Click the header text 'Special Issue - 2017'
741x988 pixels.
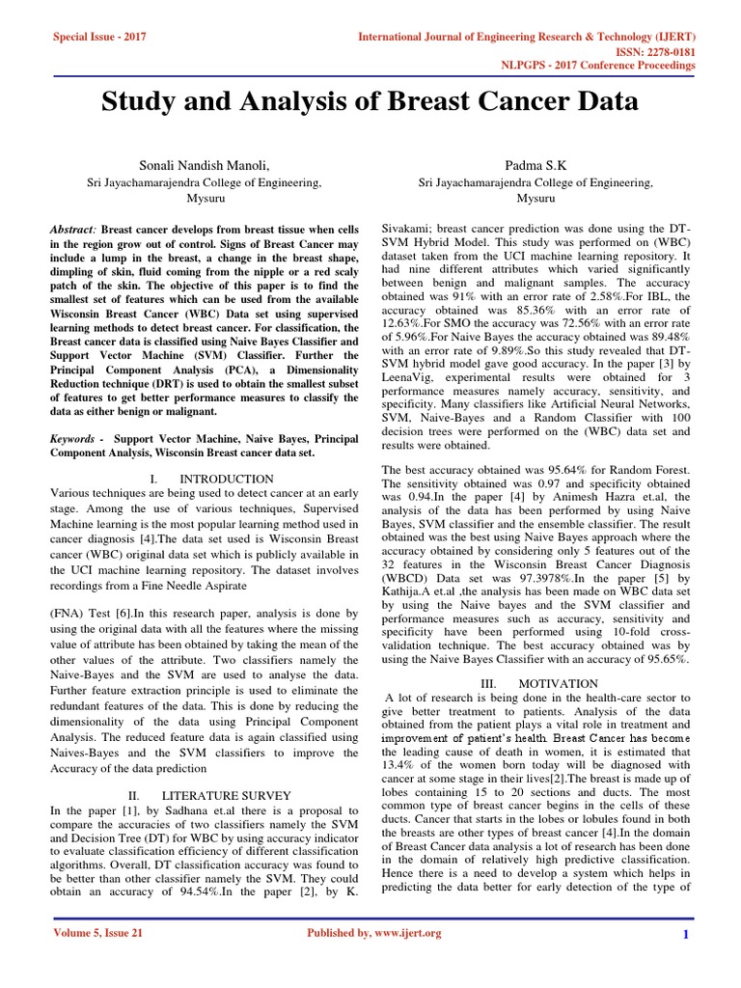pos(98,37)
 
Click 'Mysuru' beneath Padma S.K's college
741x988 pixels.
pos(535,198)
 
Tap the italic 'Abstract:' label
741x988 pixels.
pos(73,233)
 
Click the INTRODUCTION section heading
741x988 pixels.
pos(227,479)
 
